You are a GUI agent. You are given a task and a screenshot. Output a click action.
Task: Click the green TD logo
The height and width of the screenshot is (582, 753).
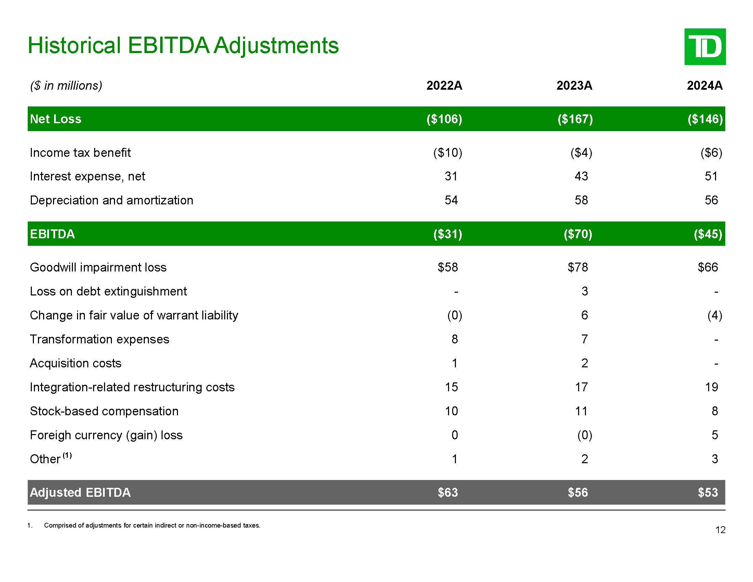click(705, 47)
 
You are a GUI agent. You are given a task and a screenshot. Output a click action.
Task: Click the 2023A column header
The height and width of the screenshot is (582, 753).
click(574, 86)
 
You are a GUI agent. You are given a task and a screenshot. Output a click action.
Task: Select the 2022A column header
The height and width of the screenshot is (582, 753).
click(444, 86)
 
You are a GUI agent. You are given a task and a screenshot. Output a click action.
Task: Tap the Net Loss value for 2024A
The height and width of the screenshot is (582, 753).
click(705, 119)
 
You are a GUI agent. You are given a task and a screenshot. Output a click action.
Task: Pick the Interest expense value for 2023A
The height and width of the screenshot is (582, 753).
click(581, 176)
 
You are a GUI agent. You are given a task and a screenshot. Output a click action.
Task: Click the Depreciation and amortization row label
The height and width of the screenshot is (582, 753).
click(111, 200)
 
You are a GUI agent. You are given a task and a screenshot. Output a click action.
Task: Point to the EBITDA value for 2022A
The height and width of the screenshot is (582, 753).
click(447, 234)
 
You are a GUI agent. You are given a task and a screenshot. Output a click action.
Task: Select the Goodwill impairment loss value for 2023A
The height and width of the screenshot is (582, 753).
click(577, 267)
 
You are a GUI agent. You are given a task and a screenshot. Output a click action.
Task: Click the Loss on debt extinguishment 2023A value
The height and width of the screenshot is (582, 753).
click(584, 291)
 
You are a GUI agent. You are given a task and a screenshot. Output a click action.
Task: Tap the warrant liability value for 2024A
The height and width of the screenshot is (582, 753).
click(714, 315)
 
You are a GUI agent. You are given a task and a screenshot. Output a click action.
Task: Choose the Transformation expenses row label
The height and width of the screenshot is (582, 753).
click(99, 339)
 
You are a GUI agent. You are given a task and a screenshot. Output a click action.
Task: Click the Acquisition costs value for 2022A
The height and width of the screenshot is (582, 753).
click(455, 363)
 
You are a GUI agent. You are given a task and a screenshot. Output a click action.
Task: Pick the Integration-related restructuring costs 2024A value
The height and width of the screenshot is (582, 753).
click(711, 387)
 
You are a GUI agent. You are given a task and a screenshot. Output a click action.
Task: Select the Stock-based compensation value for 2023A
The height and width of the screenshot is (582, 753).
click(581, 411)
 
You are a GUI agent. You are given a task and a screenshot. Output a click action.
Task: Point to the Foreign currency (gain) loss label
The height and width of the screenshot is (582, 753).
click(106, 435)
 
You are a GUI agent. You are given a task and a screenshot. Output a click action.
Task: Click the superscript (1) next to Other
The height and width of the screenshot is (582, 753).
click(67, 455)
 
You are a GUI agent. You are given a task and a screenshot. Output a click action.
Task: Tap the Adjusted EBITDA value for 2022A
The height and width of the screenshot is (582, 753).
click(448, 492)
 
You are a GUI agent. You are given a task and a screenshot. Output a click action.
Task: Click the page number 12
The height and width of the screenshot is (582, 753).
click(720, 530)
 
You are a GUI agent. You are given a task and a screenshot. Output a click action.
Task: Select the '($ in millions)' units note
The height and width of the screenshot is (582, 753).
click(66, 86)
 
